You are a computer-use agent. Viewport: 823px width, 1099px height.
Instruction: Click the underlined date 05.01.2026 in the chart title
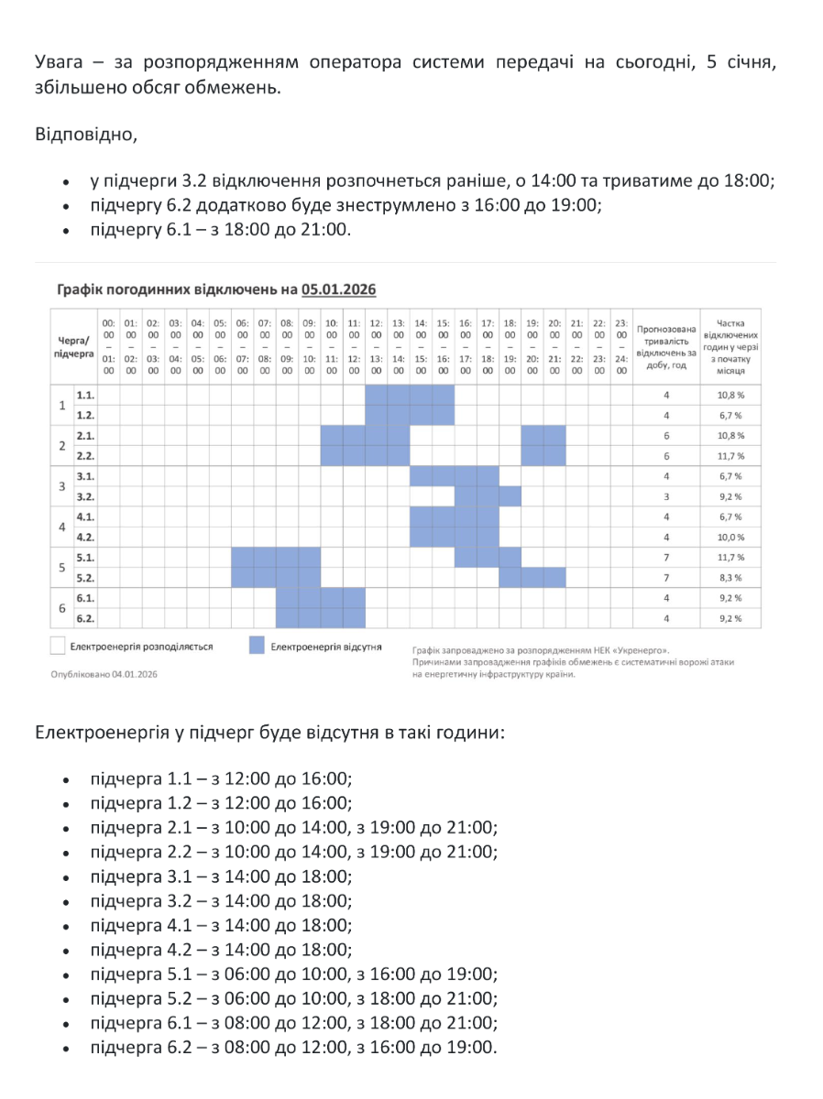(x=337, y=289)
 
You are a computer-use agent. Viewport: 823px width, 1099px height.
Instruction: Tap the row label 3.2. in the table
(x=85, y=496)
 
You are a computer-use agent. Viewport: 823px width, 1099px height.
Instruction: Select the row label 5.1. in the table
(x=85, y=557)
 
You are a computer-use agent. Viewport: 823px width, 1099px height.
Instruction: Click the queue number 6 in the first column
(x=61, y=608)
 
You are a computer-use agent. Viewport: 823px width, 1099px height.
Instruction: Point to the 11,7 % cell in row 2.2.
(x=730, y=456)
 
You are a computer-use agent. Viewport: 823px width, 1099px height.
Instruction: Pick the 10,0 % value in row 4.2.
(x=730, y=537)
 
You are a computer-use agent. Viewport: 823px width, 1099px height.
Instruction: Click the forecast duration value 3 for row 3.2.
(x=666, y=496)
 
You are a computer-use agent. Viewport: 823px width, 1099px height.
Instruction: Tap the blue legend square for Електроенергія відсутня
(x=257, y=647)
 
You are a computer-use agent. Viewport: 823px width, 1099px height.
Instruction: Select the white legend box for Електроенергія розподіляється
(x=57, y=647)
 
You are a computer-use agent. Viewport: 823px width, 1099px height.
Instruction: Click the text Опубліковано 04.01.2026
(x=104, y=673)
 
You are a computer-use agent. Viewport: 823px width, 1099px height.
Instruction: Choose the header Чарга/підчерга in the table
(x=75, y=344)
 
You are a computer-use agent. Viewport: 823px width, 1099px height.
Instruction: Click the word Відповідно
(x=85, y=136)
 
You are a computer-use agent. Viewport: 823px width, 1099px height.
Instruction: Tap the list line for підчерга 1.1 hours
(x=221, y=779)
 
